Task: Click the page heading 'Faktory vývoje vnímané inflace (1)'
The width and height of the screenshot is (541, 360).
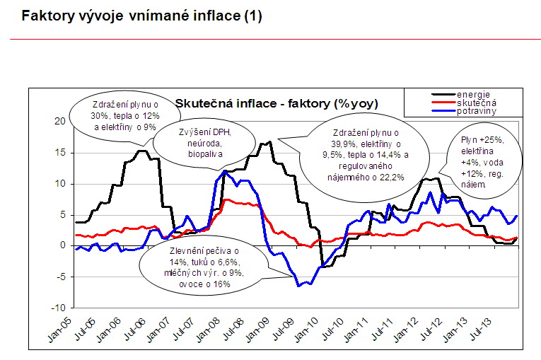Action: [141, 16]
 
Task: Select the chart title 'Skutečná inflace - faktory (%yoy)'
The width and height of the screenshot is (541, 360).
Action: [277, 104]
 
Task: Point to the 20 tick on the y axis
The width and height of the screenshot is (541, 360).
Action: [59, 121]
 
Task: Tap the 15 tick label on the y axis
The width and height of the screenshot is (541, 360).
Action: [59, 152]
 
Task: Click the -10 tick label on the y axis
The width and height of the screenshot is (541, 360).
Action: [58, 308]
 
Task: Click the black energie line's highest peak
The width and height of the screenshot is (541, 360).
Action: [269, 142]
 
